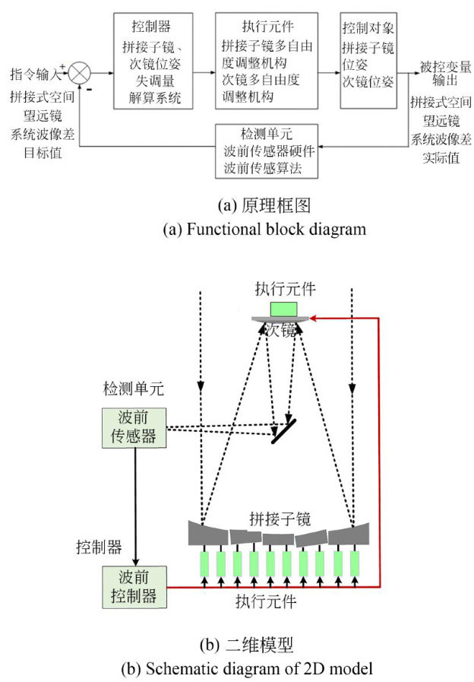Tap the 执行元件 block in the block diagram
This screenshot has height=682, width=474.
(265, 59)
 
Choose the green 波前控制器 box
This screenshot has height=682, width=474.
(134, 587)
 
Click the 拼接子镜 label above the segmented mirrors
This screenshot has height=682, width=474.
(280, 519)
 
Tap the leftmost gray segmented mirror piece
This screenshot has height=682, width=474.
(204, 532)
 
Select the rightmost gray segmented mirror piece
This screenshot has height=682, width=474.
(355, 532)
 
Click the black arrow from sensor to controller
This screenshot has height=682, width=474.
(134, 506)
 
